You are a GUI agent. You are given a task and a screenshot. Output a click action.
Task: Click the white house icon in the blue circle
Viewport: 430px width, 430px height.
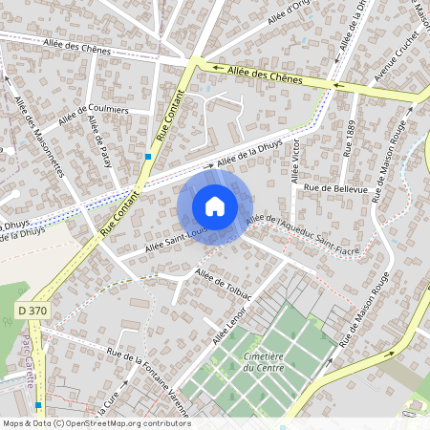click(x=215, y=205)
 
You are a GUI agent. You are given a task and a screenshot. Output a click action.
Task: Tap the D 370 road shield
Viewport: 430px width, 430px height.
click(x=32, y=311)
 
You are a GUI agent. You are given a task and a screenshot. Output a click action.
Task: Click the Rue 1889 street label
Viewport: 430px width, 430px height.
click(x=350, y=138)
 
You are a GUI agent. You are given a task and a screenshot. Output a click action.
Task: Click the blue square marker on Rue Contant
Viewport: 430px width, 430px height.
click(x=148, y=157)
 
